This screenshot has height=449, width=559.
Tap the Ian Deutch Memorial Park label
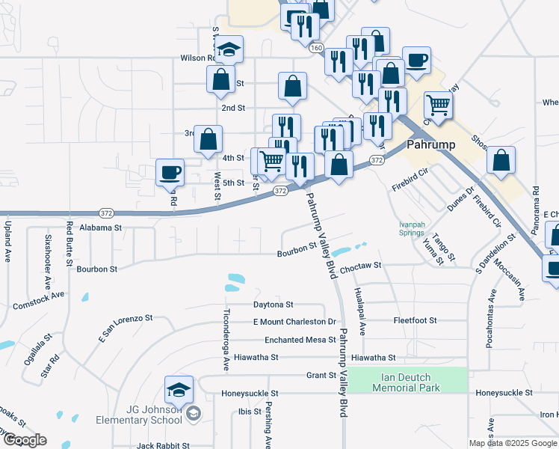point(407,381)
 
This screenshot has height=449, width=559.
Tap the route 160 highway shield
point(316,47)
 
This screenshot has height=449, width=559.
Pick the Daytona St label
point(274,305)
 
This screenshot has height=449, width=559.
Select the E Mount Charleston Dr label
point(294,322)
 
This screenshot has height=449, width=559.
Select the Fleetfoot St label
point(416,320)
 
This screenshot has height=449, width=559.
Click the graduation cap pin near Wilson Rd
point(230,49)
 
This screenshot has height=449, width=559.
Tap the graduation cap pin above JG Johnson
point(179,389)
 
